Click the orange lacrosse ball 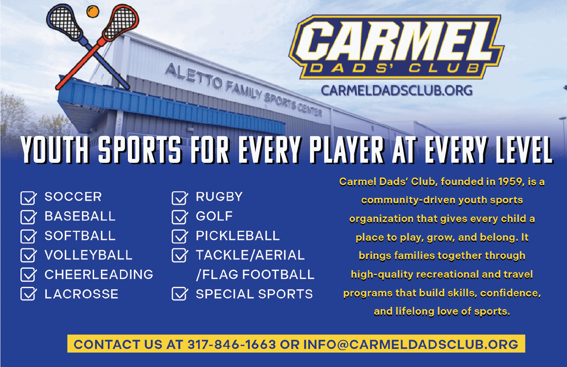[93, 12]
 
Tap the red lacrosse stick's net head [121, 23]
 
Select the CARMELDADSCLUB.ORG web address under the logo [397, 90]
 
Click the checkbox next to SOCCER [29, 198]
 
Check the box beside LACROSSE [29, 294]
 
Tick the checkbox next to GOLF [180, 217]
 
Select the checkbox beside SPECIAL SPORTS [180, 294]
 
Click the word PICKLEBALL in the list [238, 235]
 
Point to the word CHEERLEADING [99, 274]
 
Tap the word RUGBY [219, 196]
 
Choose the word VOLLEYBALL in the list [88, 255]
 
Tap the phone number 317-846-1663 [232, 344]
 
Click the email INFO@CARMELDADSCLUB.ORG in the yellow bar [410, 344]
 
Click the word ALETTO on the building [193, 76]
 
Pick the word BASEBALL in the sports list [80, 216]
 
